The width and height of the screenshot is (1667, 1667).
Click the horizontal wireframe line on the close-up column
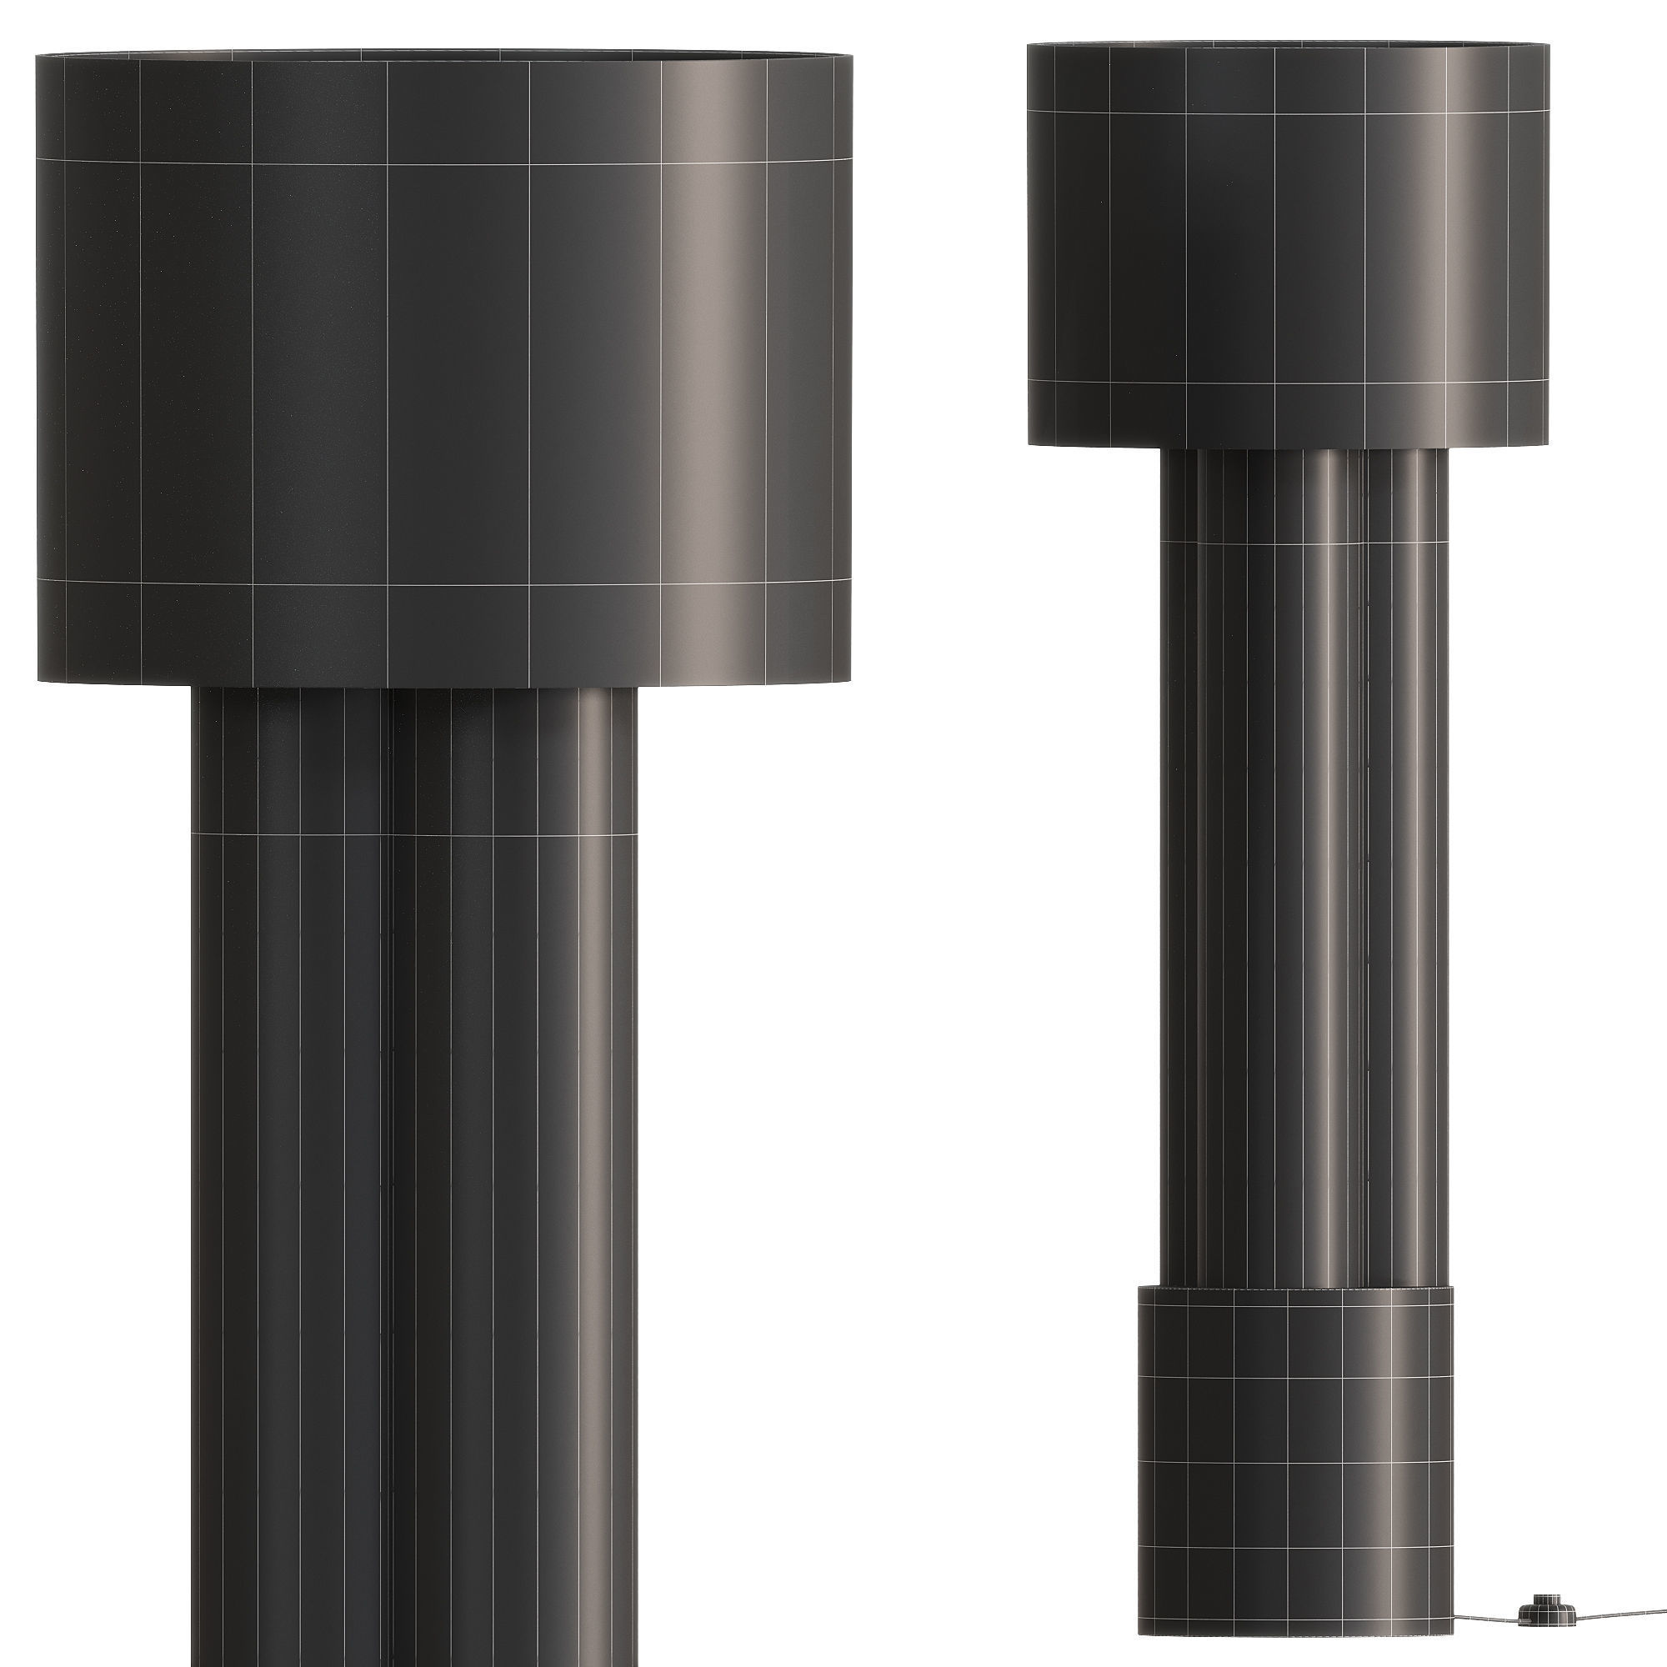coord(414,833)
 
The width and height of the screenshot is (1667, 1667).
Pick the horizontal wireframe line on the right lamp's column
coord(1303,541)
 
